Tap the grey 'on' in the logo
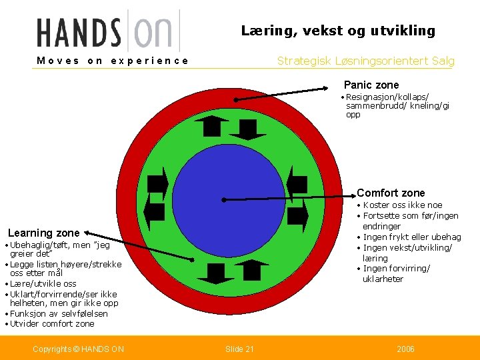pos(153,32)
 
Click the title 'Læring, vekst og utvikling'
pos(338,31)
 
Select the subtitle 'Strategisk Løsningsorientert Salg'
pos(366,61)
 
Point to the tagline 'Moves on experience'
pos(113,61)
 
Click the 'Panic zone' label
pos(371,85)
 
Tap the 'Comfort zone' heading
pos(391,193)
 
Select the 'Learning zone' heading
pos(43,233)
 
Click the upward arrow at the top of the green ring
pos(215,125)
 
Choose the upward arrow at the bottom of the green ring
pos(251,269)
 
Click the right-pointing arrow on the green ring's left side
pos(157,185)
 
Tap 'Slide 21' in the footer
pos(240,349)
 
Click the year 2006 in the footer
pos(405,349)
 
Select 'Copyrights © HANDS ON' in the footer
pos(78,349)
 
